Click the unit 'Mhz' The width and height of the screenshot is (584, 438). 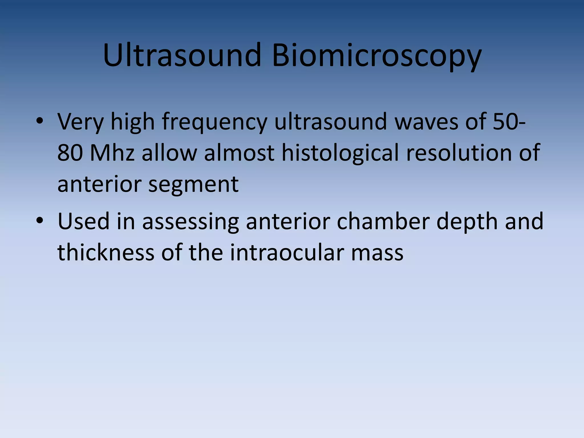[112, 153]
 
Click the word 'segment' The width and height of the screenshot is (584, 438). [193, 184]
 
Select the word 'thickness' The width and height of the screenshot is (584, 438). [106, 252]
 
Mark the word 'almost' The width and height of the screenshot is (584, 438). [239, 153]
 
